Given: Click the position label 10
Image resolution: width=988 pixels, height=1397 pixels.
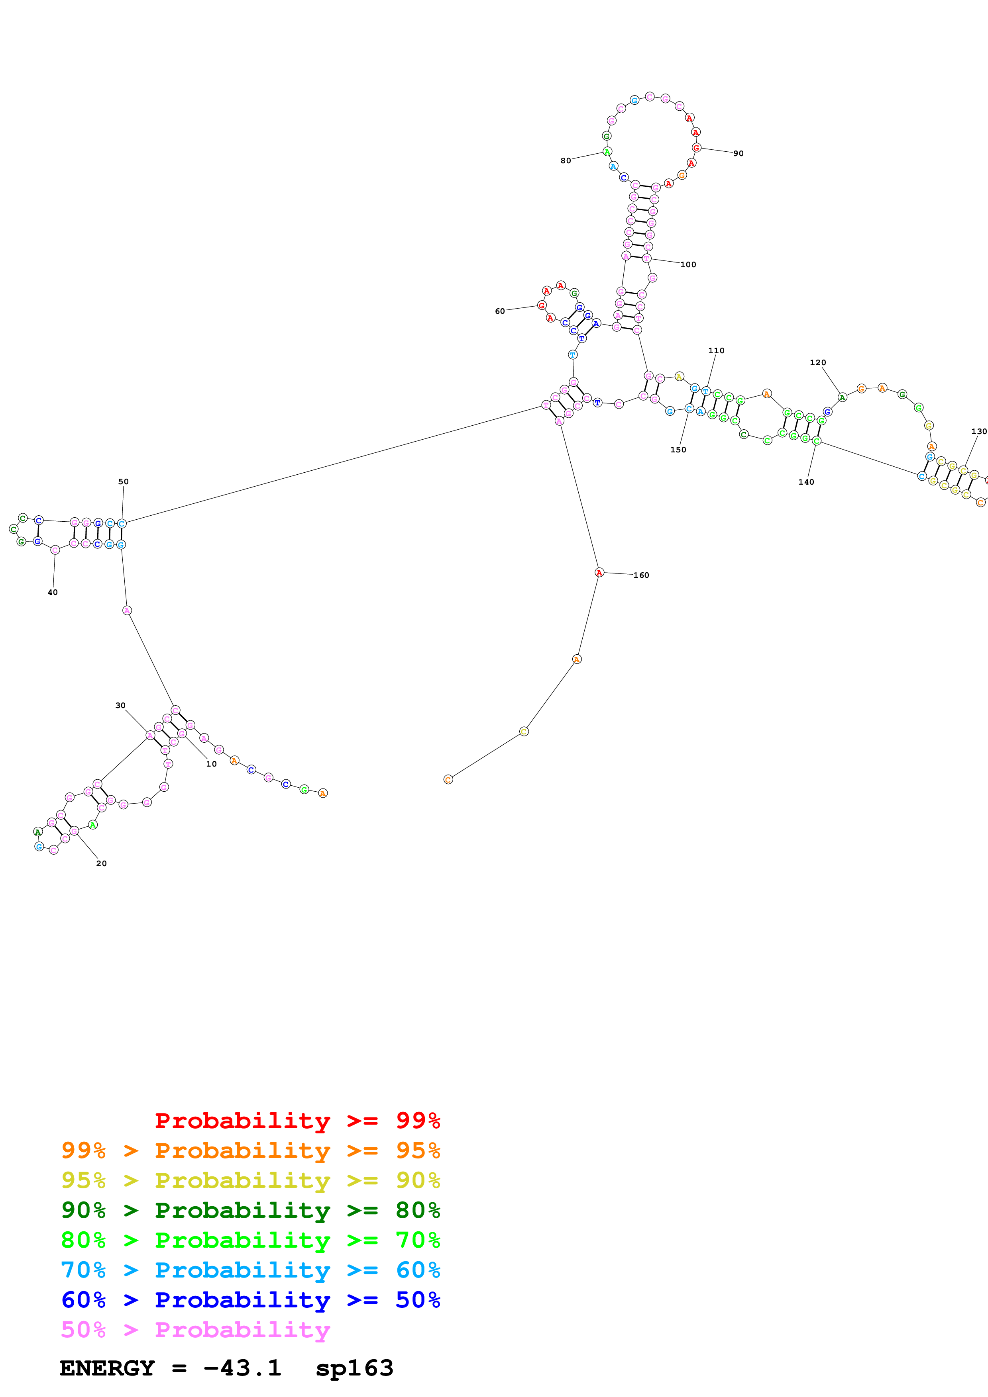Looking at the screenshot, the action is coord(211,763).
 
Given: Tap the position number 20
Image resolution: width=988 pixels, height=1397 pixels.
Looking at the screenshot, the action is coord(102,863).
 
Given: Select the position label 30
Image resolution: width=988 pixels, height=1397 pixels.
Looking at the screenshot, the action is coord(120,705).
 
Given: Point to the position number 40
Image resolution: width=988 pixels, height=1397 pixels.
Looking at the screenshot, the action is coord(53,592).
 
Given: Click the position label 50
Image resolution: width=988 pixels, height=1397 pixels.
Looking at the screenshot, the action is coord(124,481).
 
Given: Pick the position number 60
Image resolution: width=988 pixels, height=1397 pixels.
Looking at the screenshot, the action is coord(500,311).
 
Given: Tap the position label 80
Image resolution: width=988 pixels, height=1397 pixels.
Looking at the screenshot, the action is coord(566,160).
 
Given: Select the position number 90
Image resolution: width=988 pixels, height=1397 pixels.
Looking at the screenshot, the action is coord(739,153).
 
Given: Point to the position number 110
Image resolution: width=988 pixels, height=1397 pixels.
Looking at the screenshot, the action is coord(717,350).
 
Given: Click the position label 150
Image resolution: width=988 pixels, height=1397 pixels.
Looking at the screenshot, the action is coord(678,450).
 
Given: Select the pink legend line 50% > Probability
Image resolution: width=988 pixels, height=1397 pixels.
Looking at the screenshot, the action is coord(195,1329).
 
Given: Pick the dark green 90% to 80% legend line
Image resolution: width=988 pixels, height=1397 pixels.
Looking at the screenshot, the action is coord(251,1210).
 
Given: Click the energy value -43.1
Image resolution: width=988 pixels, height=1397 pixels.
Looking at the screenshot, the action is coord(242,1368).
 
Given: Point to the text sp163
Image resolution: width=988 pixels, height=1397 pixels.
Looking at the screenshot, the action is coord(354,1368).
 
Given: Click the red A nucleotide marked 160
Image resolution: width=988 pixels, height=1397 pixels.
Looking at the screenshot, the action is coord(599,573).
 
